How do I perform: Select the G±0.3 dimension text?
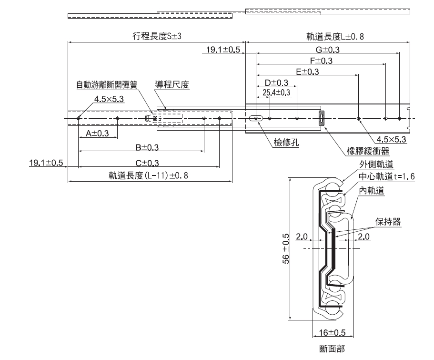[x=328, y=50]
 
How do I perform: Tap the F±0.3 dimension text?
[x=321, y=61]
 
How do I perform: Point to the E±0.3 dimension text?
[x=307, y=72]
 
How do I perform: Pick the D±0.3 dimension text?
[x=276, y=83]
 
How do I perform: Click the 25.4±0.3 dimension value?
[x=276, y=92]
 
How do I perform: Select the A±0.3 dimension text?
[x=98, y=134]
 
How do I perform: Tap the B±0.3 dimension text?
[x=147, y=148]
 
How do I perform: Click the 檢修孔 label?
[x=286, y=142]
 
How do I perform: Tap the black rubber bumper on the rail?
[x=321, y=118]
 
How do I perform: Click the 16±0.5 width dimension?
[x=332, y=332]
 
